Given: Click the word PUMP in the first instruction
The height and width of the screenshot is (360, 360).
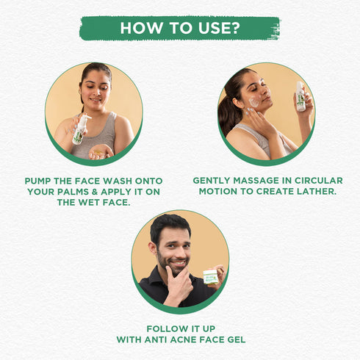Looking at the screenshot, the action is tap(37, 181).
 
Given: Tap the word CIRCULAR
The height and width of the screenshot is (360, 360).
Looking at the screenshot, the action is tap(318, 181).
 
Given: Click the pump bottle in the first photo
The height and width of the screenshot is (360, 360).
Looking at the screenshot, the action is tap(80, 129).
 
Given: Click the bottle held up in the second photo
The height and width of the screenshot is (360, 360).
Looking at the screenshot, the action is tap(300, 97).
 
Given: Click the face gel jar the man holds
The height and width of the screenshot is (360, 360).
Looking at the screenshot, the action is tap(211, 276).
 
